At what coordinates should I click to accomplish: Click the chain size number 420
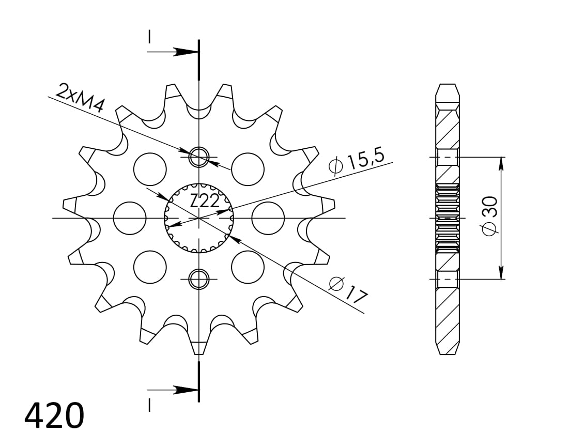click(x=54, y=416)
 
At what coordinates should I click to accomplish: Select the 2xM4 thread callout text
click(x=80, y=98)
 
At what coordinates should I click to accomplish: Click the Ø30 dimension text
click(x=489, y=215)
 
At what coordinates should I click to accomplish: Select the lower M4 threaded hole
click(x=198, y=279)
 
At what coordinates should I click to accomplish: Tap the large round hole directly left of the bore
click(x=130, y=218)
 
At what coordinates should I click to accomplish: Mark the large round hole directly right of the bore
click(x=268, y=218)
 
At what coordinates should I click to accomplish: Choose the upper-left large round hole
click(x=150, y=169)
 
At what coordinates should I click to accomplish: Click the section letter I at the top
click(x=149, y=37)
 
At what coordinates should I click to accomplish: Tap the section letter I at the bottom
click(x=149, y=406)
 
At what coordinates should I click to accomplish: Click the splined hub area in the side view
click(x=448, y=218)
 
